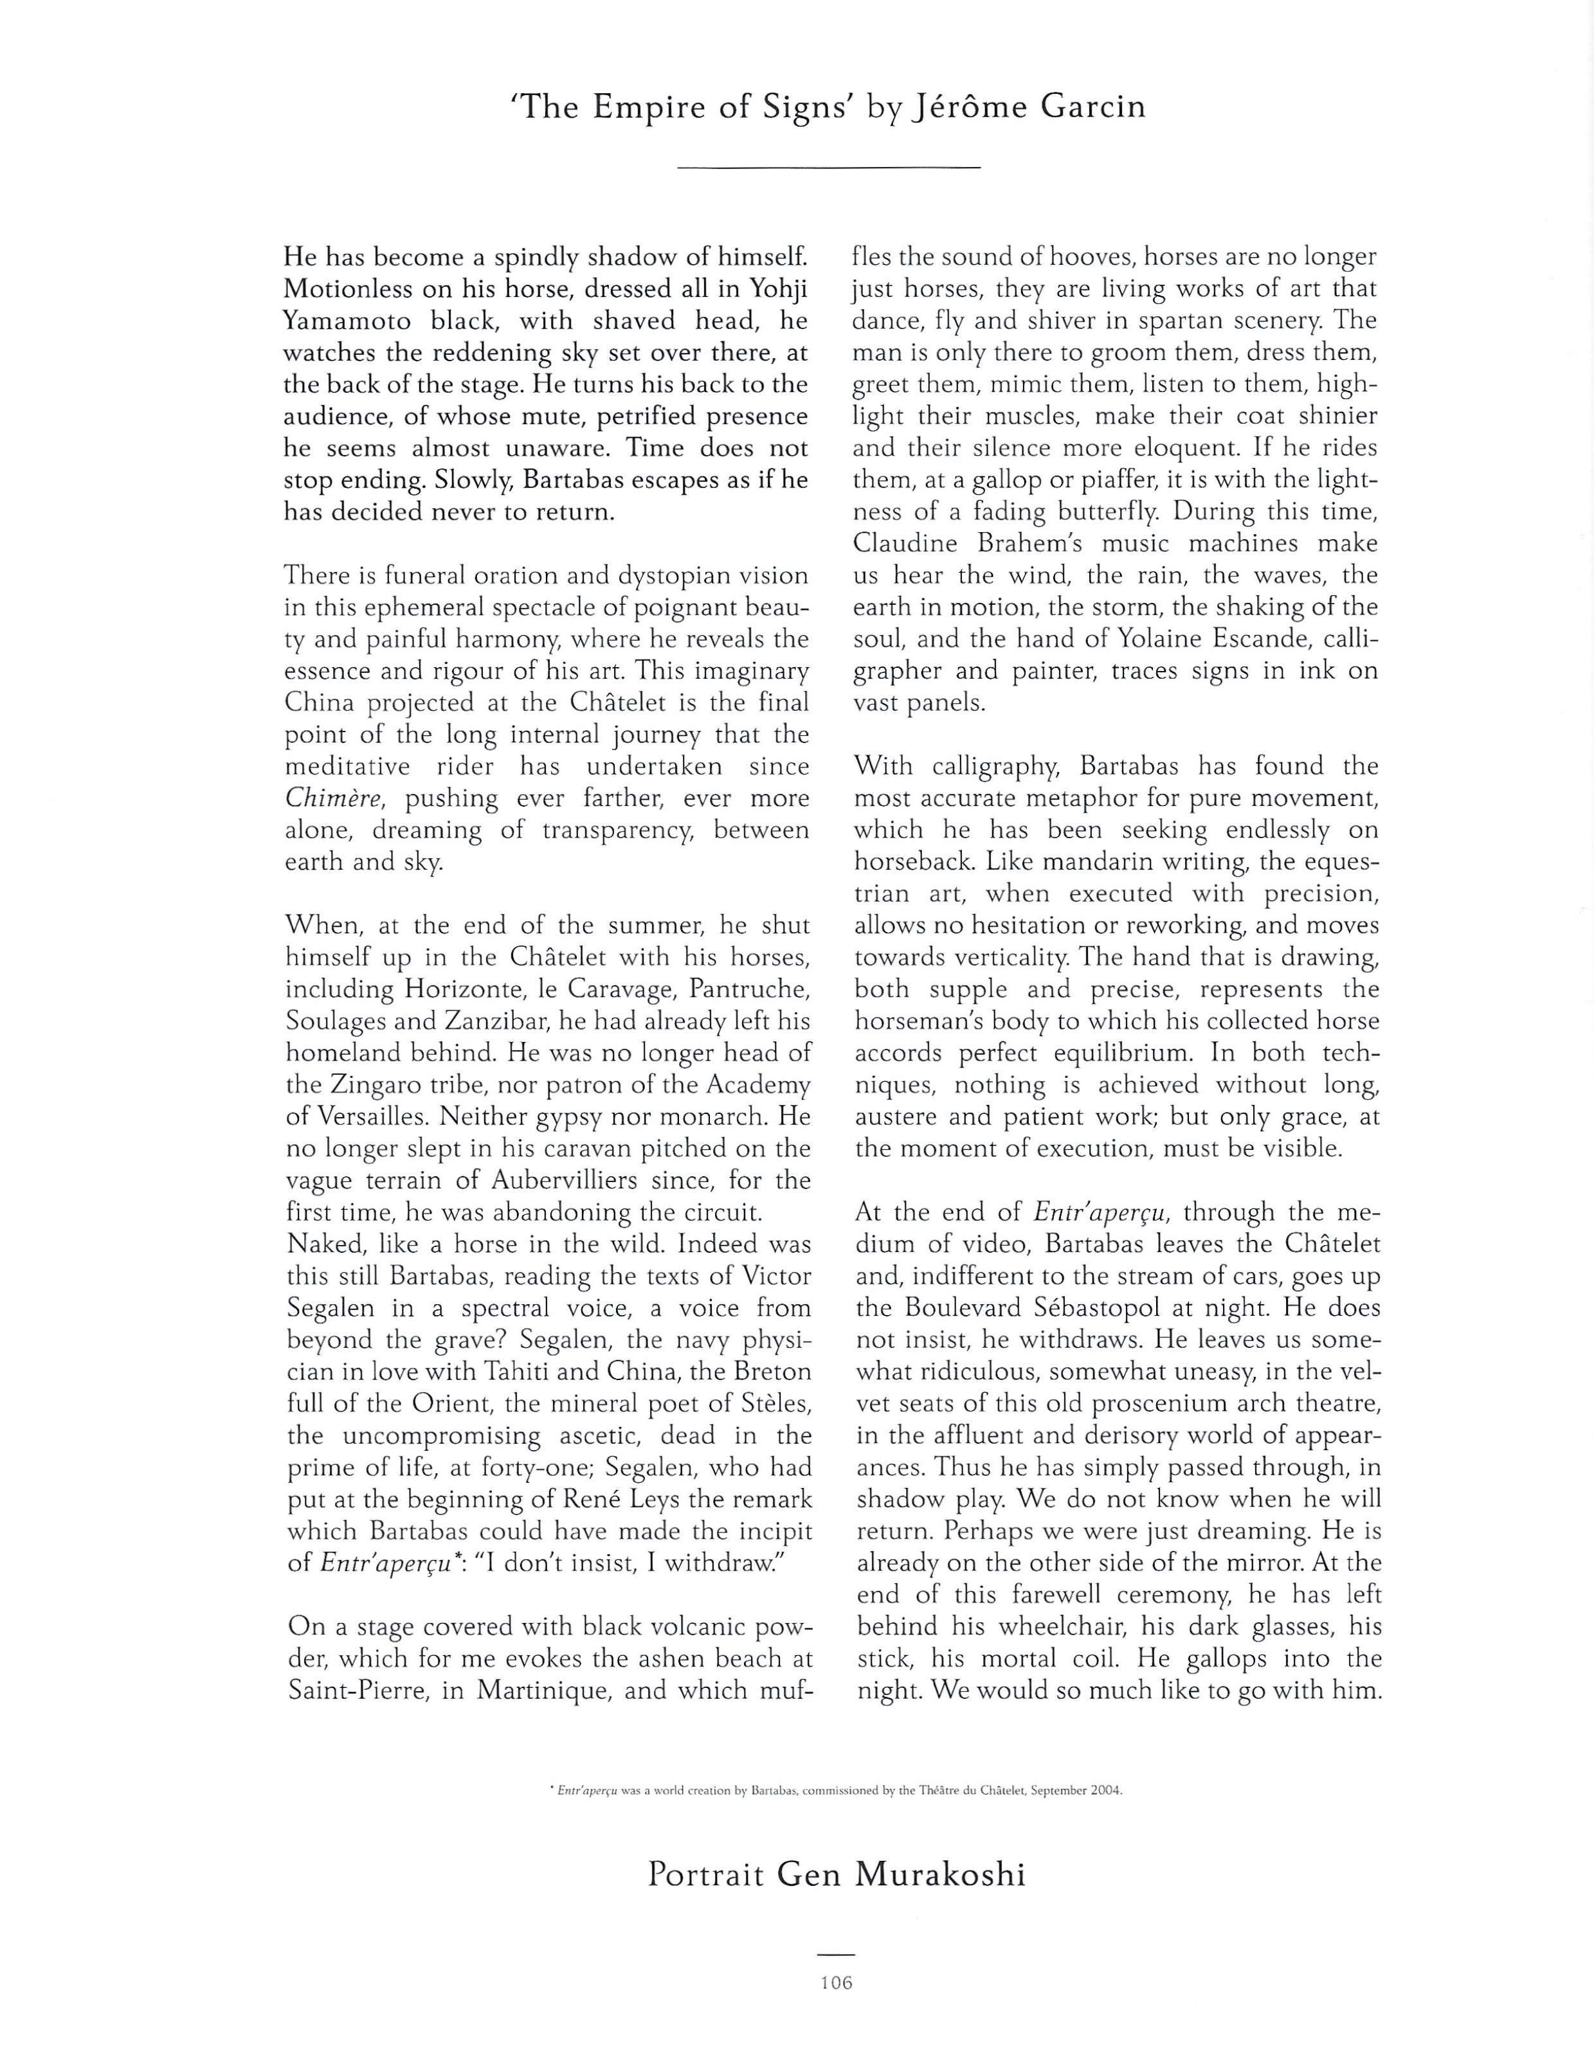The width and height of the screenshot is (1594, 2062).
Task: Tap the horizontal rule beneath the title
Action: pos(828,168)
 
